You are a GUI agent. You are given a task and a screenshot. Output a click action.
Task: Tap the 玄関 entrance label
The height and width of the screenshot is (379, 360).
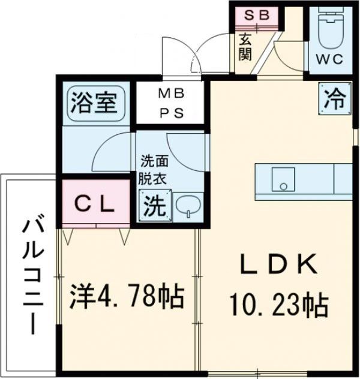point(245,46)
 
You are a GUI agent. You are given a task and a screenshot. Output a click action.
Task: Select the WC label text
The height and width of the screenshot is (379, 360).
point(328,59)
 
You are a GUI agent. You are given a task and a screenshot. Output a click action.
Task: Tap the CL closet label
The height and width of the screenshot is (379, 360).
point(94,204)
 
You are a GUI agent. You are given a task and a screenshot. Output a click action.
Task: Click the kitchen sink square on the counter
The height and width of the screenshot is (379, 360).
point(283,178)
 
